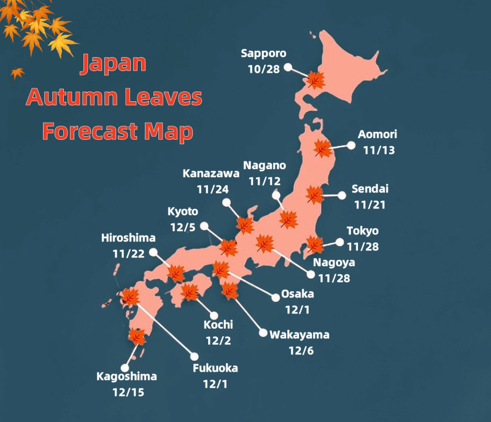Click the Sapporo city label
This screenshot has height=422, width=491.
pos(265,53)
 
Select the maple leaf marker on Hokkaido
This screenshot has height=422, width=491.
pos(315,80)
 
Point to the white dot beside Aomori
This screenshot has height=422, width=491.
pos(351,145)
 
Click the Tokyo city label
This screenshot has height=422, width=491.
pos(363,231)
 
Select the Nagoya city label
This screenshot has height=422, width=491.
pos(333,263)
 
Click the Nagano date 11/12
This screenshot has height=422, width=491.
pos(265,182)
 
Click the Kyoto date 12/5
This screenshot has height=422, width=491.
pos(182,227)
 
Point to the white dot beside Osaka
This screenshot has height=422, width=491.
pos(274,299)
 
